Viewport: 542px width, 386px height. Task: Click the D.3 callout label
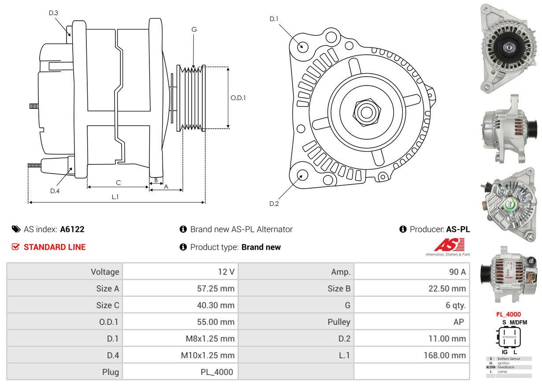[53, 13]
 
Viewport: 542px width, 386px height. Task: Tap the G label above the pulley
[194, 30]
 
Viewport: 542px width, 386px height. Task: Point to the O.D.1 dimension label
[238, 98]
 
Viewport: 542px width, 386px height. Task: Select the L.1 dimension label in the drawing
[115, 197]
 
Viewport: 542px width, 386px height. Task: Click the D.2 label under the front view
[274, 204]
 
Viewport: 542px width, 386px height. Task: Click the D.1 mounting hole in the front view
[302, 46]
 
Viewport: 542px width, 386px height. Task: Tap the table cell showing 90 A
[457, 272]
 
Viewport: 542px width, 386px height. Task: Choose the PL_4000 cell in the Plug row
[216, 372]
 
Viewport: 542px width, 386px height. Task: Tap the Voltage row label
[105, 272]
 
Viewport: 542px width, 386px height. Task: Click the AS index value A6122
[72, 229]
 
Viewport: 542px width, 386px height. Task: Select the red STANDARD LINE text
[55, 247]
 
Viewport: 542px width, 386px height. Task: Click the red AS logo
[449, 245]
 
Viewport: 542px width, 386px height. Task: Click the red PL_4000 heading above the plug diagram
[508, 314]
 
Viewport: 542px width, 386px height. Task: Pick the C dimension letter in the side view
[118, 182]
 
